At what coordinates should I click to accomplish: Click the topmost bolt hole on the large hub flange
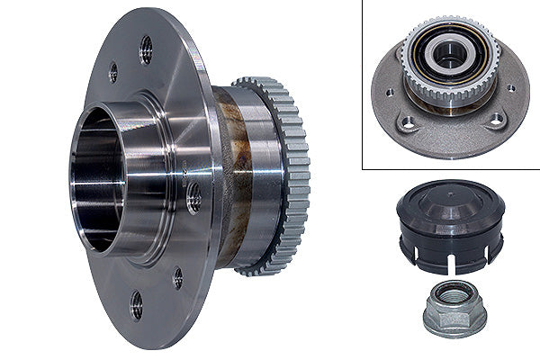146,49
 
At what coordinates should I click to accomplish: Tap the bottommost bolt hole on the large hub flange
136,304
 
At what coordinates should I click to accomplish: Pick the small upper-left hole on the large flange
113,71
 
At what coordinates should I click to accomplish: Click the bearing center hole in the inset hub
449,55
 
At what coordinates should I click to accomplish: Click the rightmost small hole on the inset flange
511,88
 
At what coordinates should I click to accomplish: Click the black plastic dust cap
450,225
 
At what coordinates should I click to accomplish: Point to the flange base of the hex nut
454,323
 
